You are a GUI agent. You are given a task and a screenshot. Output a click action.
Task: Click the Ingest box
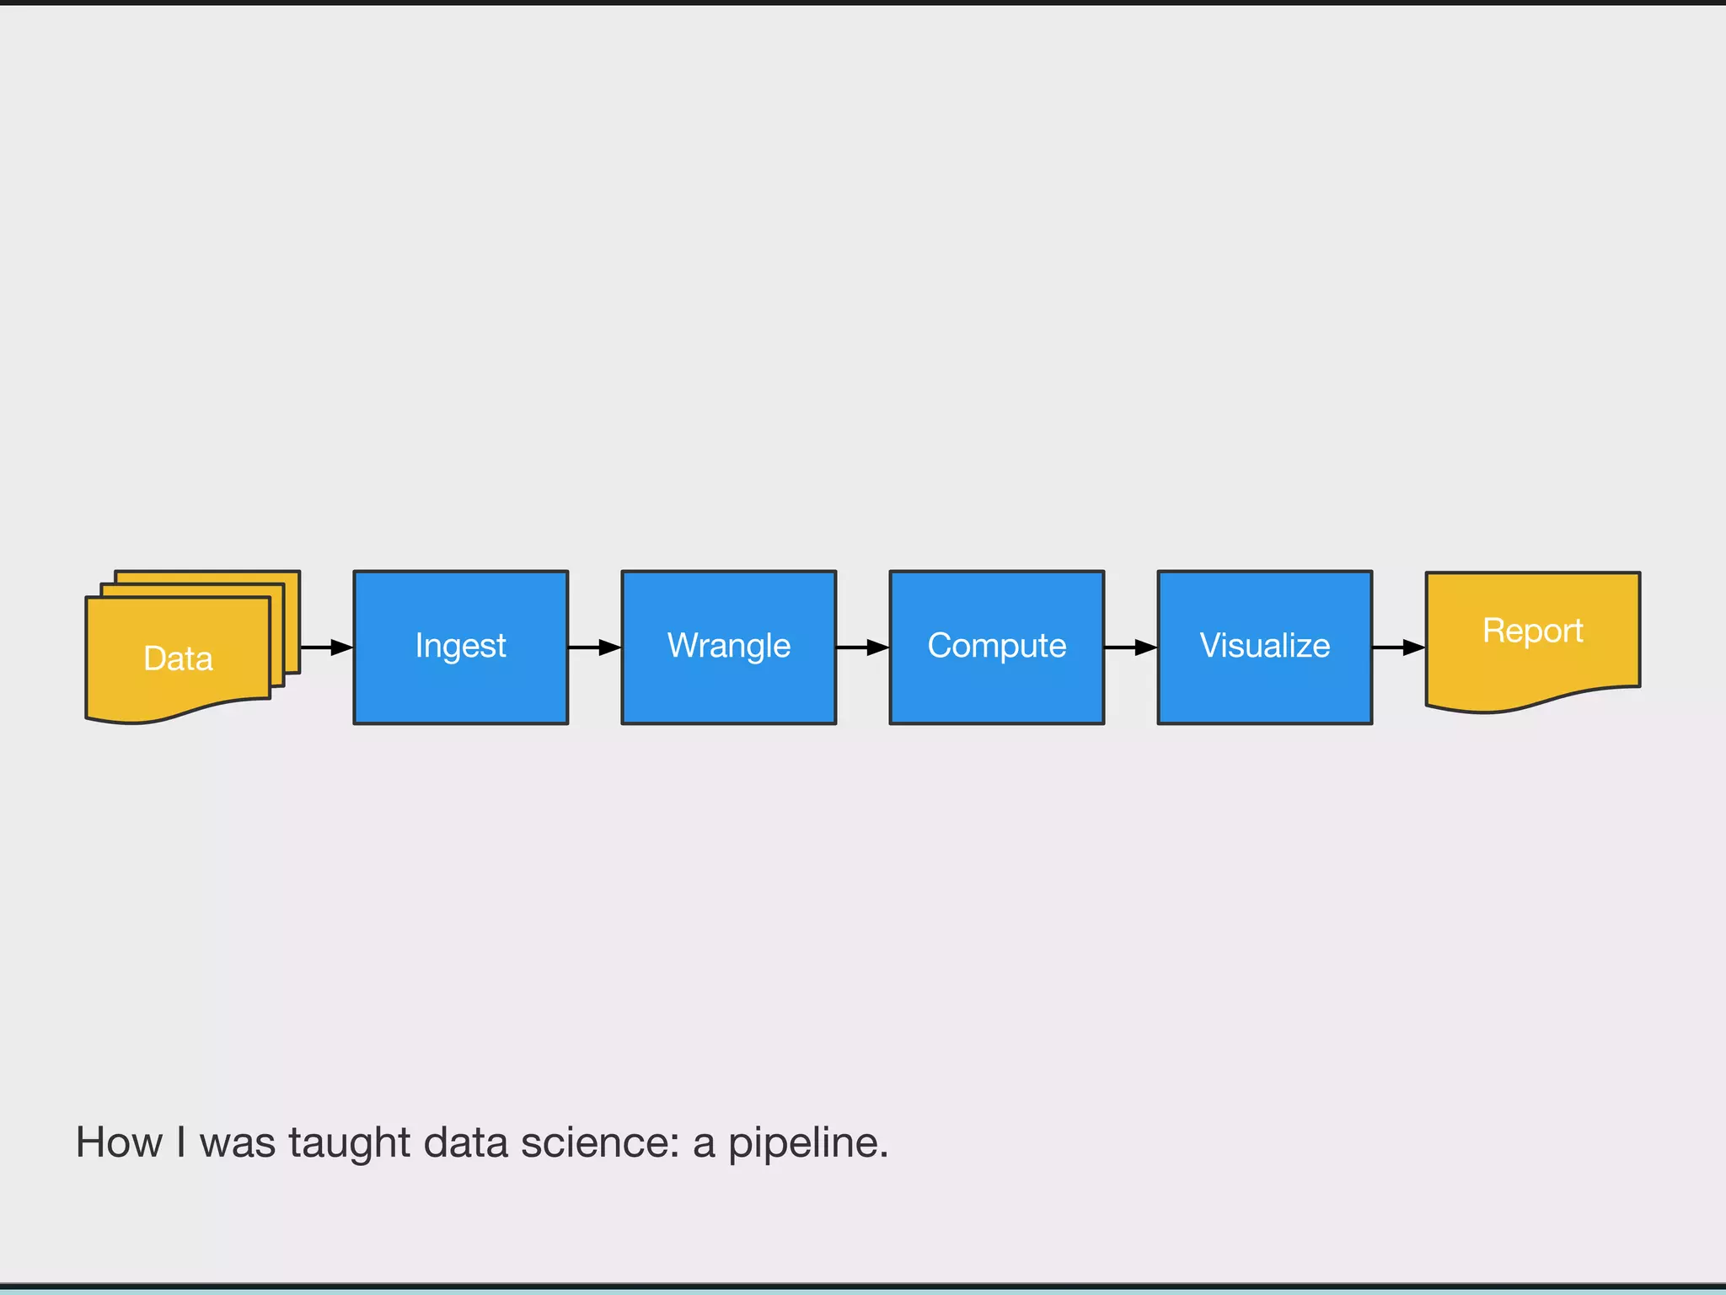pyautogui.click(x=460, y=647)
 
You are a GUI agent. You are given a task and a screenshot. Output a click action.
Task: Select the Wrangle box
pyautogui.click(x=728, y=647)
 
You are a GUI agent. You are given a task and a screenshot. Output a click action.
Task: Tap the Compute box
pyautogui.click(x=996, y=647)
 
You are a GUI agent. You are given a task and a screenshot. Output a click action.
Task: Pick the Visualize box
pyautogui.click(x=1264, y=647)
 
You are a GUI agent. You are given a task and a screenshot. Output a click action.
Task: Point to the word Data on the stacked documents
pyautogui.click(x=178, y=658)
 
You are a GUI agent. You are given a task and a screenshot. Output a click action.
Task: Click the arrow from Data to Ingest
pyautogui.click(x=326, y=647)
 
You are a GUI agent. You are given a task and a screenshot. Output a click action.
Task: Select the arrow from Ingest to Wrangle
pyautogui.click(x=594, y=647)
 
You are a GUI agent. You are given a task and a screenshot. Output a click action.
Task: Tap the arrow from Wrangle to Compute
pyautogui.click(x=862, y=647)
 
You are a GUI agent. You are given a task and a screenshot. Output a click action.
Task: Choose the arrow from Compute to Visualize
pyautogui.click(x=1130, y=647)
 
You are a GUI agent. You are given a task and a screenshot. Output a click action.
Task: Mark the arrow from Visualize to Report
pyautogui.click(x=1398, y=647)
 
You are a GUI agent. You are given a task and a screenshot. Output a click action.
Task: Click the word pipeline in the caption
pyautogui.click(x=807, y=1143)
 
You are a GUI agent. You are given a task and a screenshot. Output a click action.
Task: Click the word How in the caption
pyautogui.click(x=119, y=1143)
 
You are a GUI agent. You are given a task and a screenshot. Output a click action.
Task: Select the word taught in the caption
pyautogui.click(x=349, y=1143)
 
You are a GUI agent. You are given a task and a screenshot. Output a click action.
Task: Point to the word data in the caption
pyautogui.click(x=466, y=1143)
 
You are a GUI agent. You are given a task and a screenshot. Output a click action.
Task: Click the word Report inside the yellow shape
pyautogui.click(x=1532, y=631)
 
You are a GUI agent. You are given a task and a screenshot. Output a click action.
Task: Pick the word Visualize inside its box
pyautogui.click(x=1264, y=646)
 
